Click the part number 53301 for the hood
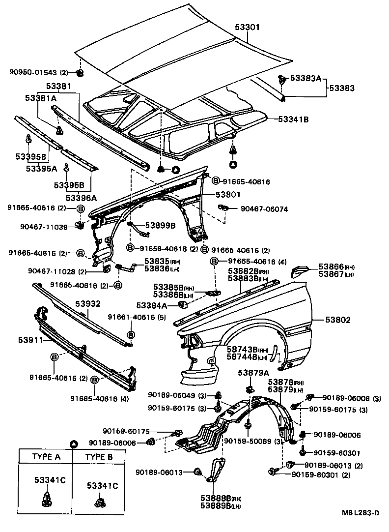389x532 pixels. (260, 28)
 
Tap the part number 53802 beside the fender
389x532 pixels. (337, 320)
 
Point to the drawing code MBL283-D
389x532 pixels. (361, 513)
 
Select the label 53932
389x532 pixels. (87, 304)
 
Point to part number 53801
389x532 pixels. (226, 195)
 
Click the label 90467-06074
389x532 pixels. (264, 208)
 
